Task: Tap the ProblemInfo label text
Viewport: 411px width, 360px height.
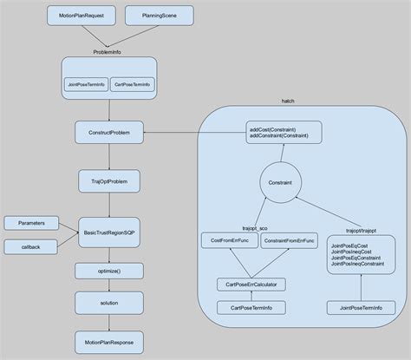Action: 109,52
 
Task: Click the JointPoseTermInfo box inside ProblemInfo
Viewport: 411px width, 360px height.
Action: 85,84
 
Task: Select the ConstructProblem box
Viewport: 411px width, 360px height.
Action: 108,134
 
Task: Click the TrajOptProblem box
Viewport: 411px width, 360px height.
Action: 108,183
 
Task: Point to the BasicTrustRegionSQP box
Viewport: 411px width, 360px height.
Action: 108,232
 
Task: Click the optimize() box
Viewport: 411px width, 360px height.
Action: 108,272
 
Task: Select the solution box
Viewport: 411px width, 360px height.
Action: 108,303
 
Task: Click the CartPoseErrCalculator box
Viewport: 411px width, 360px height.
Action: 251,284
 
